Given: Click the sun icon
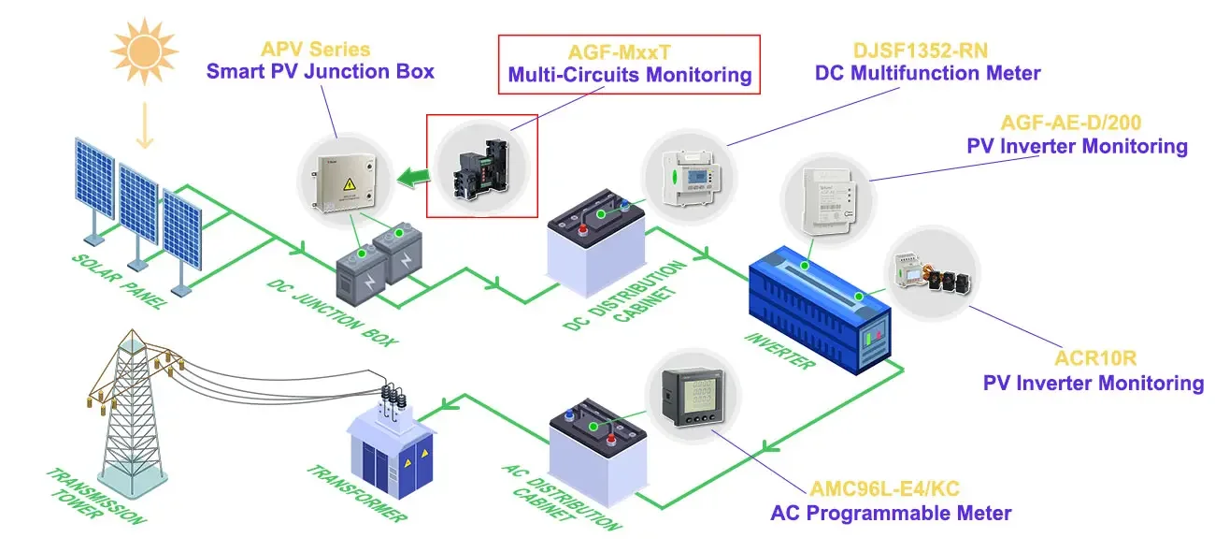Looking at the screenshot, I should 144,47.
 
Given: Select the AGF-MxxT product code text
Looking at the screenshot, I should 629,52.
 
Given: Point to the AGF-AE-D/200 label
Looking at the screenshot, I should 1071,123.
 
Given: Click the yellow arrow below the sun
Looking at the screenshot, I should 144,126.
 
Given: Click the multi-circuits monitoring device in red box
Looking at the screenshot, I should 482,166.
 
